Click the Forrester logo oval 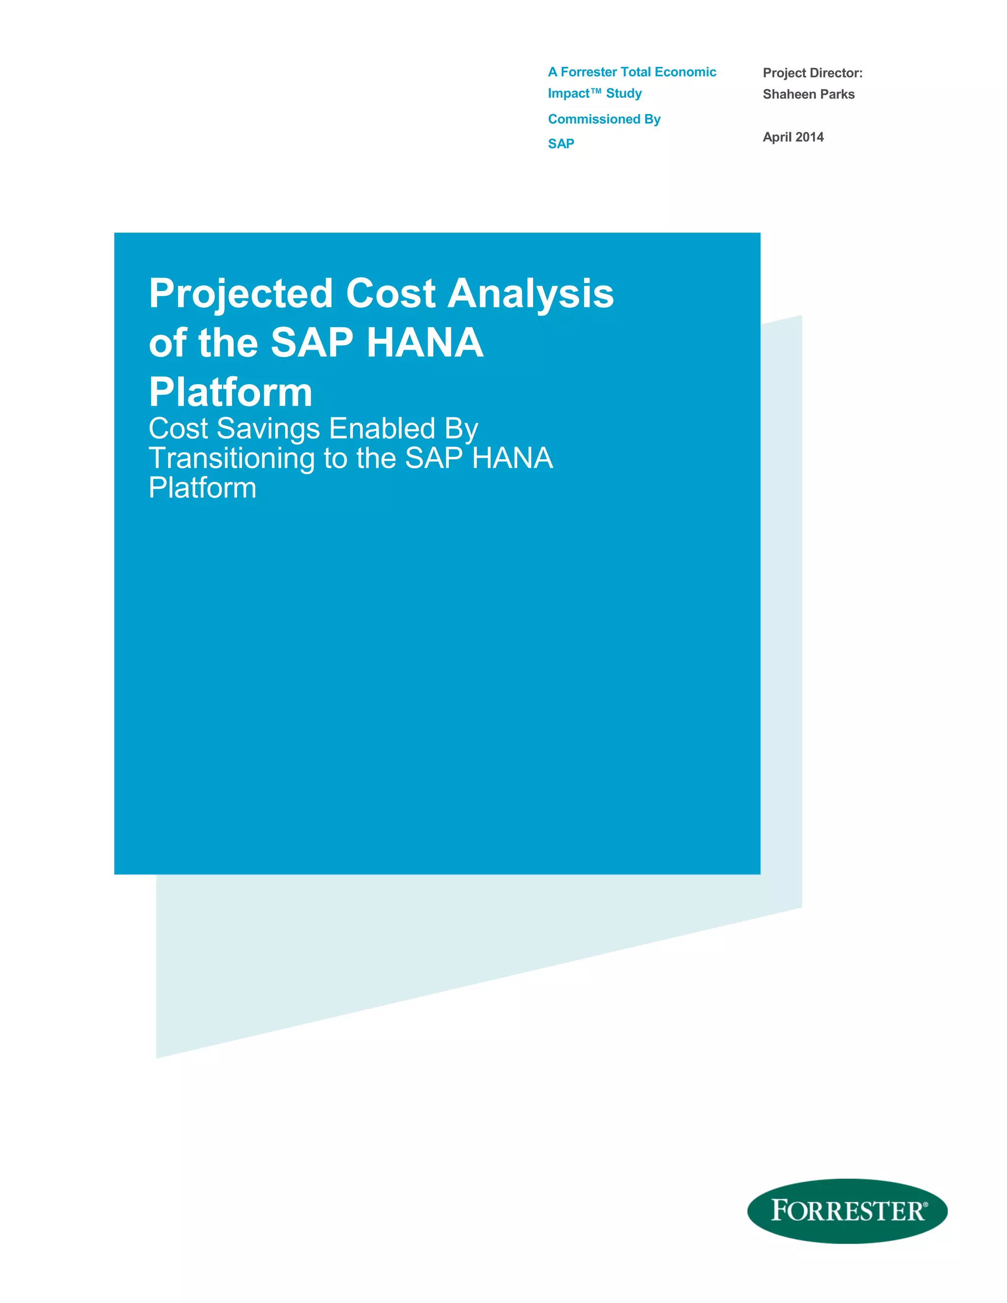click(x=847, y=1211)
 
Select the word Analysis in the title click(x=531, y=294)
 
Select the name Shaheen click(x=789, y=94)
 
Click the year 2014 click(x=809, y=137)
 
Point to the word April click(x=777, y=137)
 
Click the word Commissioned click(x=593, y=119)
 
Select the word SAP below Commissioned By click(x=561, y=144)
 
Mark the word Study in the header click(x=623, y=93)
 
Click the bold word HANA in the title click(x=425, y=343)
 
